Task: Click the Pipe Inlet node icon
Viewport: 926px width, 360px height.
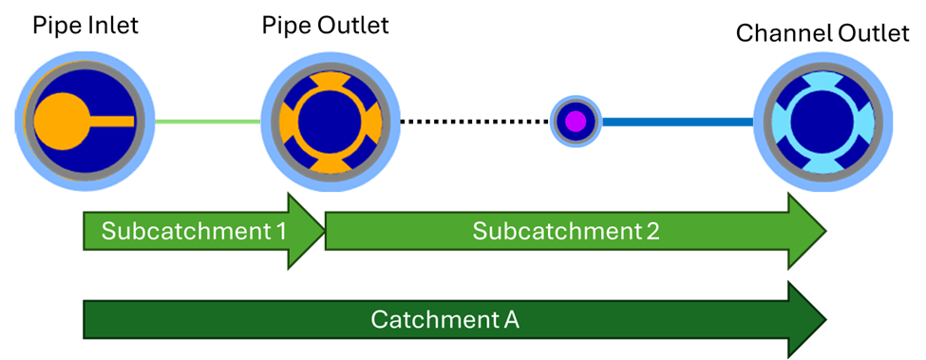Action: pyautogui.click(x=85, y=121)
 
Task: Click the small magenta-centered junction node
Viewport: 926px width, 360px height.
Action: pyautogui.click(x=576, y=122)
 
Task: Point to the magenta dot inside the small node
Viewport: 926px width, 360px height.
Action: pyautogui.click(x=576, y=122)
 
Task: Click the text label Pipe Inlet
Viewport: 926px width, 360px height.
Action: pyautogui.click(x=85, y=26)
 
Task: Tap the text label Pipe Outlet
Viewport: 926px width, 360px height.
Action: pyautogui.click(x=326, y=26)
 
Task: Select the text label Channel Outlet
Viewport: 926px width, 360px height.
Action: pyautogui.click(x=822, y=33)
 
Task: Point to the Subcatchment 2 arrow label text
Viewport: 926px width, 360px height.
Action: pyautogui.click(x=565, y=231)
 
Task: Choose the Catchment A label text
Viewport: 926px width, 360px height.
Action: pyautogui.click(x=444, y=320)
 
